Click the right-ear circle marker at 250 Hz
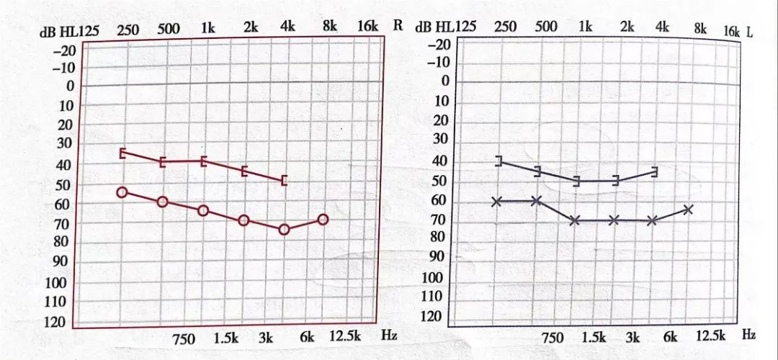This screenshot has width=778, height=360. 122,192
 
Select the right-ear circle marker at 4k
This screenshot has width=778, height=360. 284,229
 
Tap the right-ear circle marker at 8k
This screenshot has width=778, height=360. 323,219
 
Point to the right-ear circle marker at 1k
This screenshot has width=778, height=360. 203,210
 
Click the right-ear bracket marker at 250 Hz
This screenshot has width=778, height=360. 122,153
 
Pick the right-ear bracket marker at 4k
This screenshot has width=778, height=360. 284,179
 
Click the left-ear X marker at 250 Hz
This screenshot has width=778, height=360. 496,202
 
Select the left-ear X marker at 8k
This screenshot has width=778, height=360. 688,210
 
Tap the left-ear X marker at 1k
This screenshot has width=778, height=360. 575,220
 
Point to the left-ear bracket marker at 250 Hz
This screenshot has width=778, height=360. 498,161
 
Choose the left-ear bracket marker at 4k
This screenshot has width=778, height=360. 654,171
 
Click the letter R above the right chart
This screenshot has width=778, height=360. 398,24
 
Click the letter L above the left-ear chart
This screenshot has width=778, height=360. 749,32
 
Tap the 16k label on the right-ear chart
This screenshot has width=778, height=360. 367,26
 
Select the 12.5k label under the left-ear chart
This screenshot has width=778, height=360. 710,336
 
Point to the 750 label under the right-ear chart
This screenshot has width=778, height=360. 184,338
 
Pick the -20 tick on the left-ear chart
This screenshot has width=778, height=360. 439,45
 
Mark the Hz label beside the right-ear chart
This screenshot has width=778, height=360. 390,335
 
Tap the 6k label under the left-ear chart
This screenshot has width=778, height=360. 670,336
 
